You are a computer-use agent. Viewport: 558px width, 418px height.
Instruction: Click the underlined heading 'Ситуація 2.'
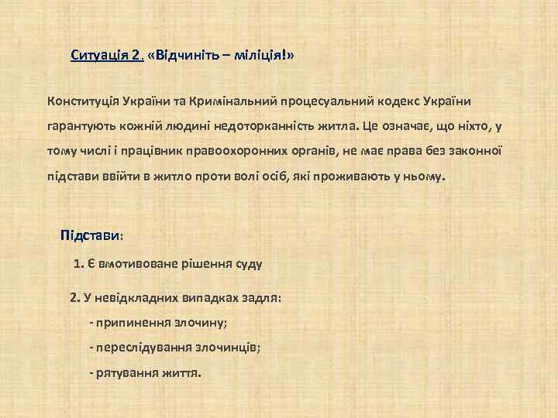click(x=107, y=56)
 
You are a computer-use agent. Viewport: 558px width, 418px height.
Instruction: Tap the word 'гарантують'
click(x=78, y=126)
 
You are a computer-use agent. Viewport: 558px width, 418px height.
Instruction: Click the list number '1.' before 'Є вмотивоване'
click(x=78, y=263)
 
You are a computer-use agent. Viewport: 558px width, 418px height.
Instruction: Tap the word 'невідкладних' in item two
click(x=136, y=297)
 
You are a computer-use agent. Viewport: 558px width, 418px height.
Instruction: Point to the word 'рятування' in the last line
click(x=123, y=372)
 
